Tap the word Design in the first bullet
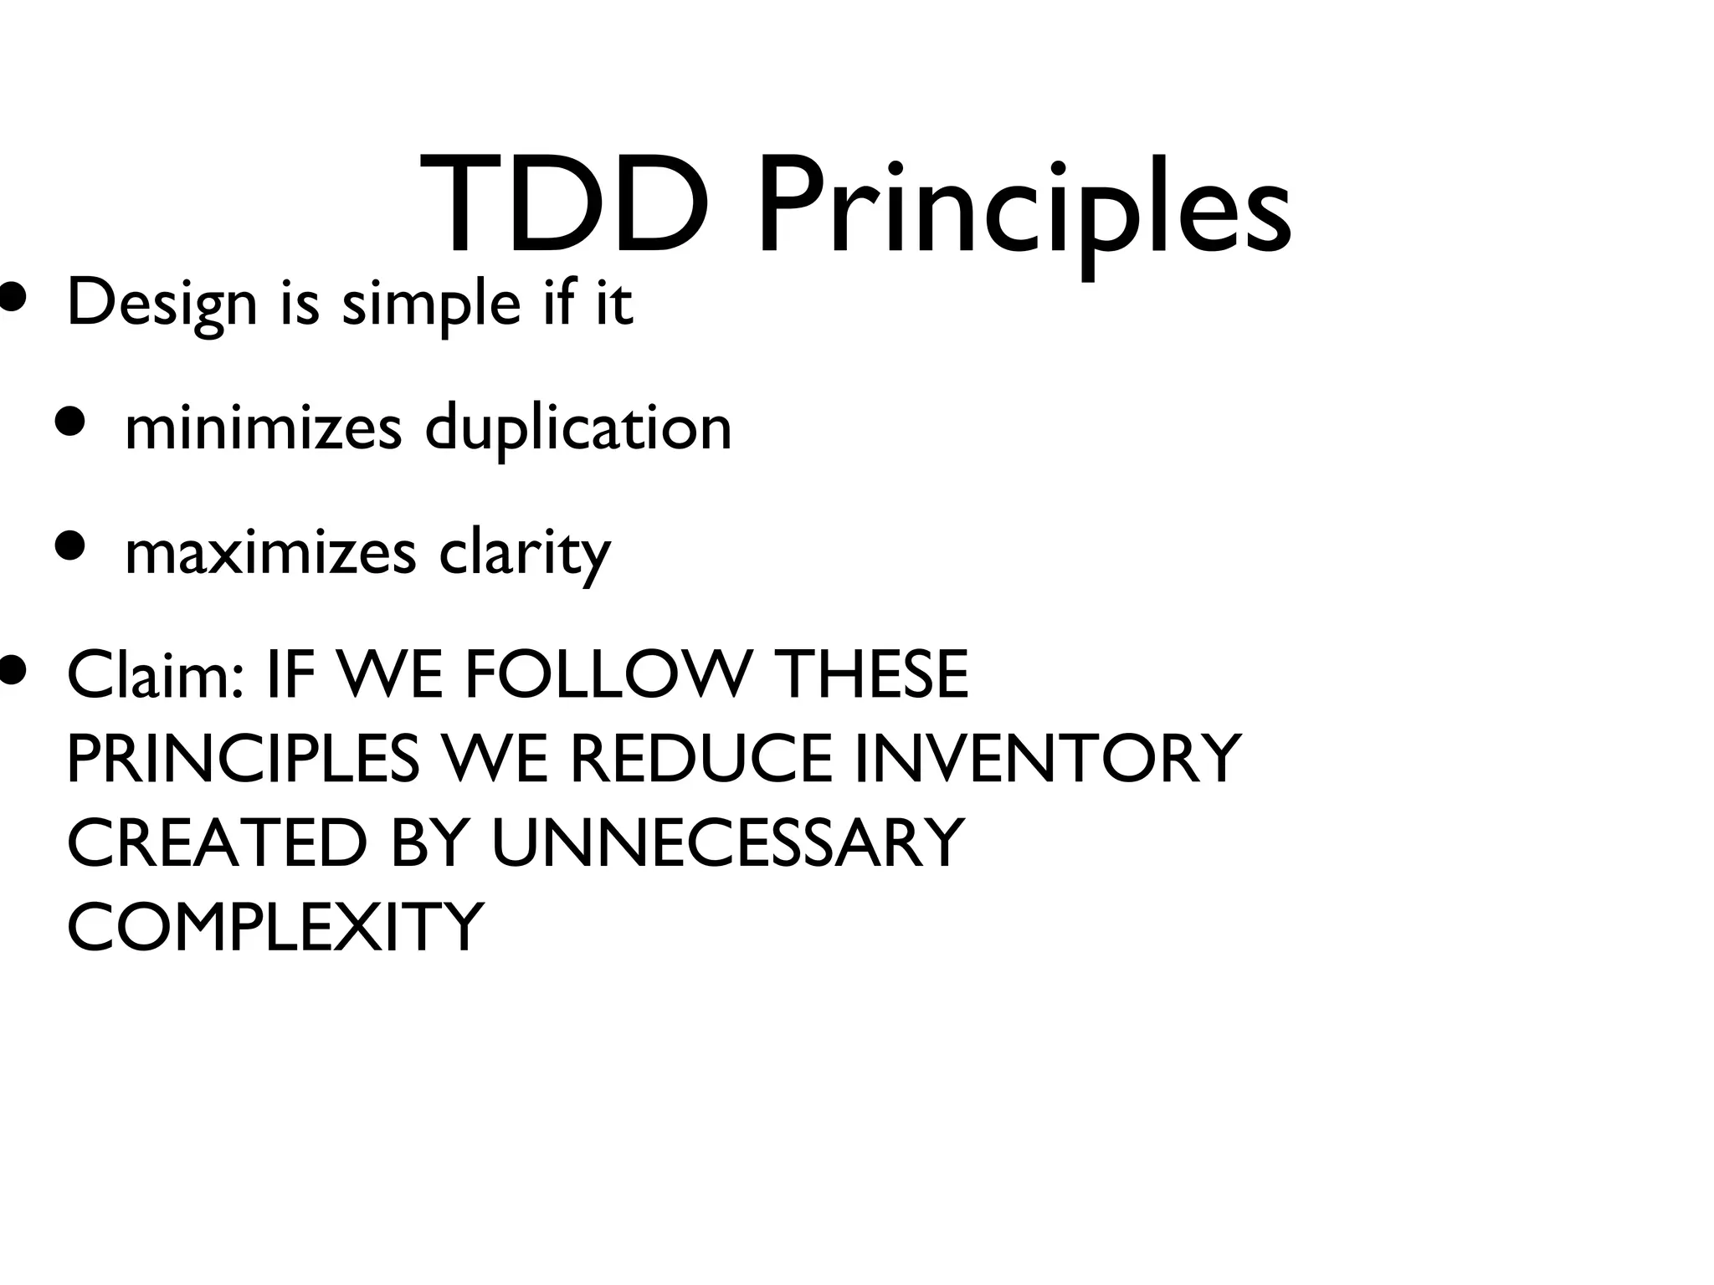coord(162,305)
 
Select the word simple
coord(432,306)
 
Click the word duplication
coord(578,430)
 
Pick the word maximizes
coord(270,553)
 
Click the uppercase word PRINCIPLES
coord(243,758)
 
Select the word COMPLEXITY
coord(275,926)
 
